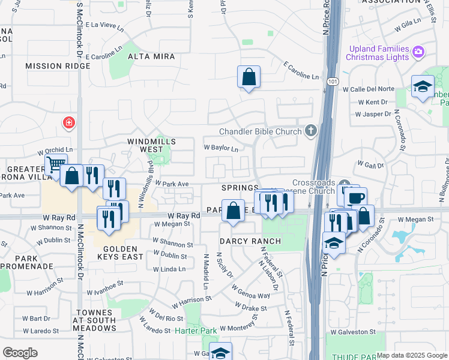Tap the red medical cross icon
(x=69, y=123)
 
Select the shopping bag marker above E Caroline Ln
(x=249, y=77)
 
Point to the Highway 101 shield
(x=332, y=80)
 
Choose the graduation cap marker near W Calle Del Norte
(x=423, y=86)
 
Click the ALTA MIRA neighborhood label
(x=151, y=56)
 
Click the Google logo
(x=20, y=352)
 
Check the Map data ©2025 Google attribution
(x=412, y=355)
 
